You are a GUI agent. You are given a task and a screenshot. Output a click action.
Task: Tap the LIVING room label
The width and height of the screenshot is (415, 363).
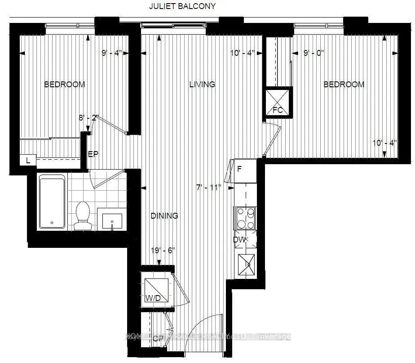coord(202,84)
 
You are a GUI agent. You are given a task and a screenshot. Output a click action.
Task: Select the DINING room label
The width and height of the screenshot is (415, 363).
coord(164,216)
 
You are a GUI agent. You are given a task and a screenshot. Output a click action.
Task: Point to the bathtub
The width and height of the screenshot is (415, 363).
coord(52,202)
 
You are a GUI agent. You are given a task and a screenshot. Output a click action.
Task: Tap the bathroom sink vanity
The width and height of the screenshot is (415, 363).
coord(111,221)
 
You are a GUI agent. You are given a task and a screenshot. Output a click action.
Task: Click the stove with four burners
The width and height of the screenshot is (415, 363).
coord(245,219)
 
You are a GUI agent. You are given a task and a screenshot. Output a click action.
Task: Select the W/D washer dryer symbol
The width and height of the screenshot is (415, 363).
coord(155,290)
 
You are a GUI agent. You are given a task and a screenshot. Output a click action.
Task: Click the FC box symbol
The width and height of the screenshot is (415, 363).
coord(278,103)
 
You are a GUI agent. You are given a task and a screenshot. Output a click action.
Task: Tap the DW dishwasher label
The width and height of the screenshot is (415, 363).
coord(239,240)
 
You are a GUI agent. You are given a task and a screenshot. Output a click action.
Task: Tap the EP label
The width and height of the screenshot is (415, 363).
coord(93,154)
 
